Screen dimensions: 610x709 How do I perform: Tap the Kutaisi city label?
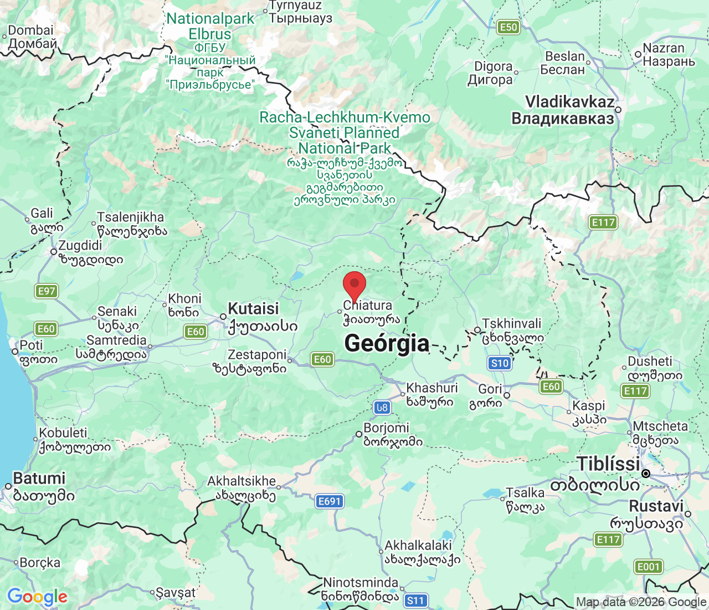[254, 309]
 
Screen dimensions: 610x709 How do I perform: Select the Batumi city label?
[39, 478]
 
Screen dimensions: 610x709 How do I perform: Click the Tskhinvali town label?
[512, 324]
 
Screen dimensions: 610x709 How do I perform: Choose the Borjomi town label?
[386, 428]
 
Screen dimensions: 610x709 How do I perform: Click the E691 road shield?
[329, 501]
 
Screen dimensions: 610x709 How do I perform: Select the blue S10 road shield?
[500, 363]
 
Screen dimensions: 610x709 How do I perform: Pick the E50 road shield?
[508, 27]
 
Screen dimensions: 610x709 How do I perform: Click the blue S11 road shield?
[415, 600]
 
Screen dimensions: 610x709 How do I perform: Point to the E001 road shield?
[648, 567]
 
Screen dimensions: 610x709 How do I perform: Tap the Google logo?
[37, 597]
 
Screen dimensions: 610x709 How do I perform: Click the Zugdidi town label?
[81, 246]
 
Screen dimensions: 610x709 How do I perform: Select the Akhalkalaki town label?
[418, 546]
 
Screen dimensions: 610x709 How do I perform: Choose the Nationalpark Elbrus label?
[210, 26]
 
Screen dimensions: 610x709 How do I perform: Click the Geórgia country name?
[387, 343]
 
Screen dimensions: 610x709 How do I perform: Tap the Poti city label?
[31, 345]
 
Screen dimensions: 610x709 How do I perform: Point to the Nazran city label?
[664, 48]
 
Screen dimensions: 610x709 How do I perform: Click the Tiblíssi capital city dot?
[646, 474]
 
